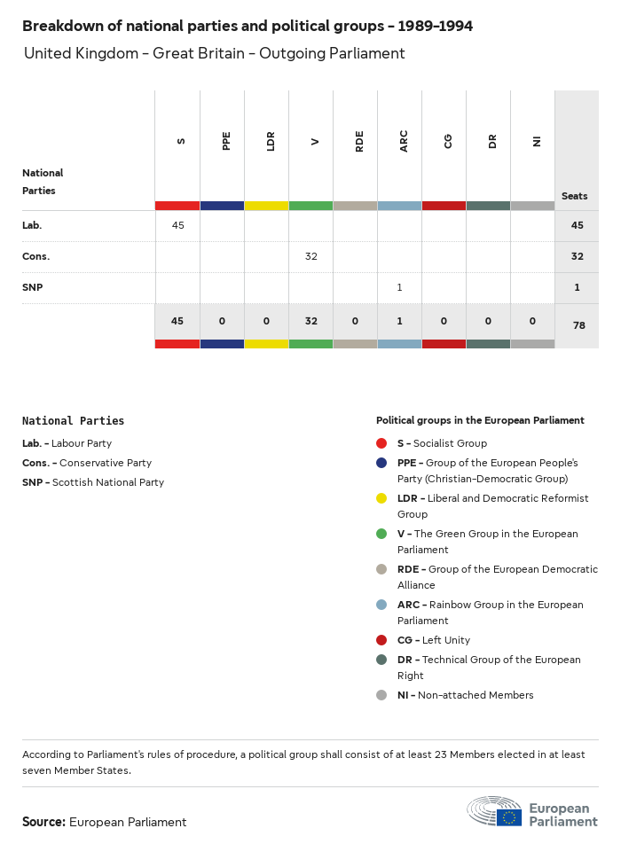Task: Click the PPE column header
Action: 226,141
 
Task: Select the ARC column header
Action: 404,141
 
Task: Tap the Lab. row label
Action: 32,225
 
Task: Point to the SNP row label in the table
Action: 32,287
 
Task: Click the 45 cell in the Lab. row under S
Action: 178,225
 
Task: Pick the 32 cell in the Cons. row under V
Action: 311,256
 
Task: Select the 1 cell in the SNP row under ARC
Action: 400,287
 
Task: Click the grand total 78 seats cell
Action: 578,325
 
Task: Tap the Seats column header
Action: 574,196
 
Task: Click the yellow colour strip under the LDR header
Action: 266,206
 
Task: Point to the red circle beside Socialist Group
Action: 381,443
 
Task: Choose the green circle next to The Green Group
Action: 381,534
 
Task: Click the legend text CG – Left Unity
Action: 433,640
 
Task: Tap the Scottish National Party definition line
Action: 93,482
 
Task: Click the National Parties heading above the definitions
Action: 73,421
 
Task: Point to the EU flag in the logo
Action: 509,817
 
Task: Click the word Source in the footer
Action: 43,822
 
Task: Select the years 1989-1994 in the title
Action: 436,27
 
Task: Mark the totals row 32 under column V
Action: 311,321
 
